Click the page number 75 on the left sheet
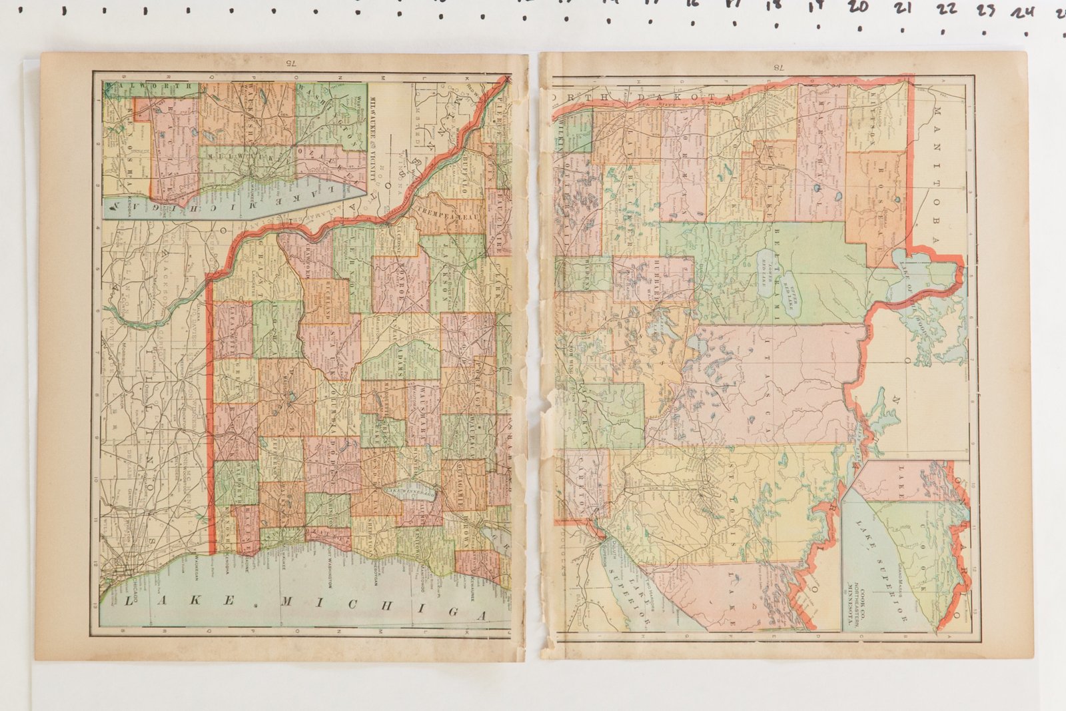point(290,64)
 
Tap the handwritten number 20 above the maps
point(858,8)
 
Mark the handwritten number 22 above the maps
point(946,9)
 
